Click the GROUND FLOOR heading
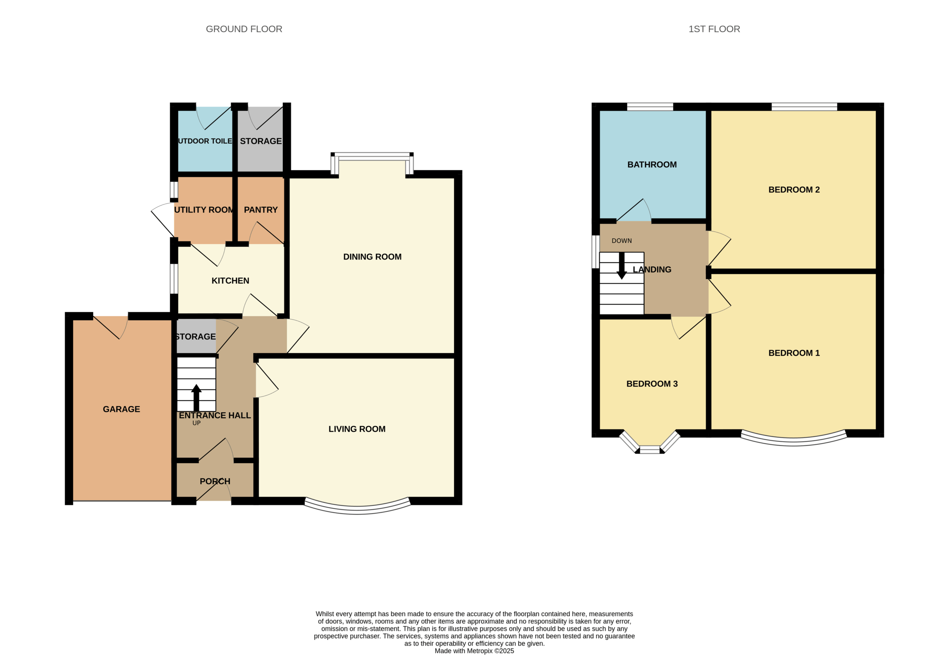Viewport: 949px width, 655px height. click(x=244, y=29)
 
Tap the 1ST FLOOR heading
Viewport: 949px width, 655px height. click(x=714, y=29)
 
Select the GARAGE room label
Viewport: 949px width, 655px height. click(x=121, y=409)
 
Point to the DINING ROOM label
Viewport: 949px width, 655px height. click(x=372, y=257)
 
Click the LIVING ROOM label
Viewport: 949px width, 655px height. click(x=357, y=429)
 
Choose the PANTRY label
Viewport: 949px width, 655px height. click(x=261, y=210)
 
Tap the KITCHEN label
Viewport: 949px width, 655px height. click(x=230, y=281)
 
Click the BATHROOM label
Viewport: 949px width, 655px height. click(x=652, y=164)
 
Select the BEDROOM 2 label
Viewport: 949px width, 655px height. click(x=794, y=190)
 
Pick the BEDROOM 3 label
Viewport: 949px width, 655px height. click(x=652, y=384)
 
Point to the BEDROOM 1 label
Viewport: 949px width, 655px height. click(x=794, y=353)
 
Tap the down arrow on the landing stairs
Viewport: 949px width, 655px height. click(x=622, y=266)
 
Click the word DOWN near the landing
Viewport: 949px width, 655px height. click(x=622, y=241)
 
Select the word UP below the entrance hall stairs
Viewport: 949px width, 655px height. click(x=196, y=423)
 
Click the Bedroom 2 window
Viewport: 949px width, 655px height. click(x=804, y=107)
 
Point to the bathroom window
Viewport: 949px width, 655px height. click(x=650, y=107)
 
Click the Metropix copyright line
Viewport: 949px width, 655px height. click(x=474, y=651)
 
